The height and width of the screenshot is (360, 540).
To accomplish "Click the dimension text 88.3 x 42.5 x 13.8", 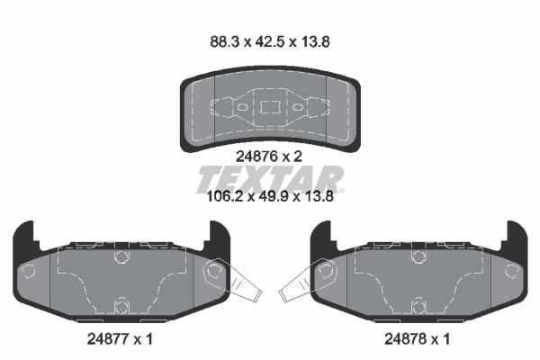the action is (270, 42).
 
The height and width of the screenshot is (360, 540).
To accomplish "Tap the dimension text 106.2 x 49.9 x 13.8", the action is (270, 197).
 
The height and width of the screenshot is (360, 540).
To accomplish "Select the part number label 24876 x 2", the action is (269, 157).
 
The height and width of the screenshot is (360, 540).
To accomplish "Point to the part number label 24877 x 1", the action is (120, 339).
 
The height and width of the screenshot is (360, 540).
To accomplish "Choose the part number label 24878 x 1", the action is (417, 339).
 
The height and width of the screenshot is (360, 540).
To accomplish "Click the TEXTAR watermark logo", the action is (269, 179).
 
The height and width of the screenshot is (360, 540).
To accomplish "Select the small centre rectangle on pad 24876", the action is (270, 107).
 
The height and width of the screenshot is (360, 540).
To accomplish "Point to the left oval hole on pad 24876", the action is (242, 107).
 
